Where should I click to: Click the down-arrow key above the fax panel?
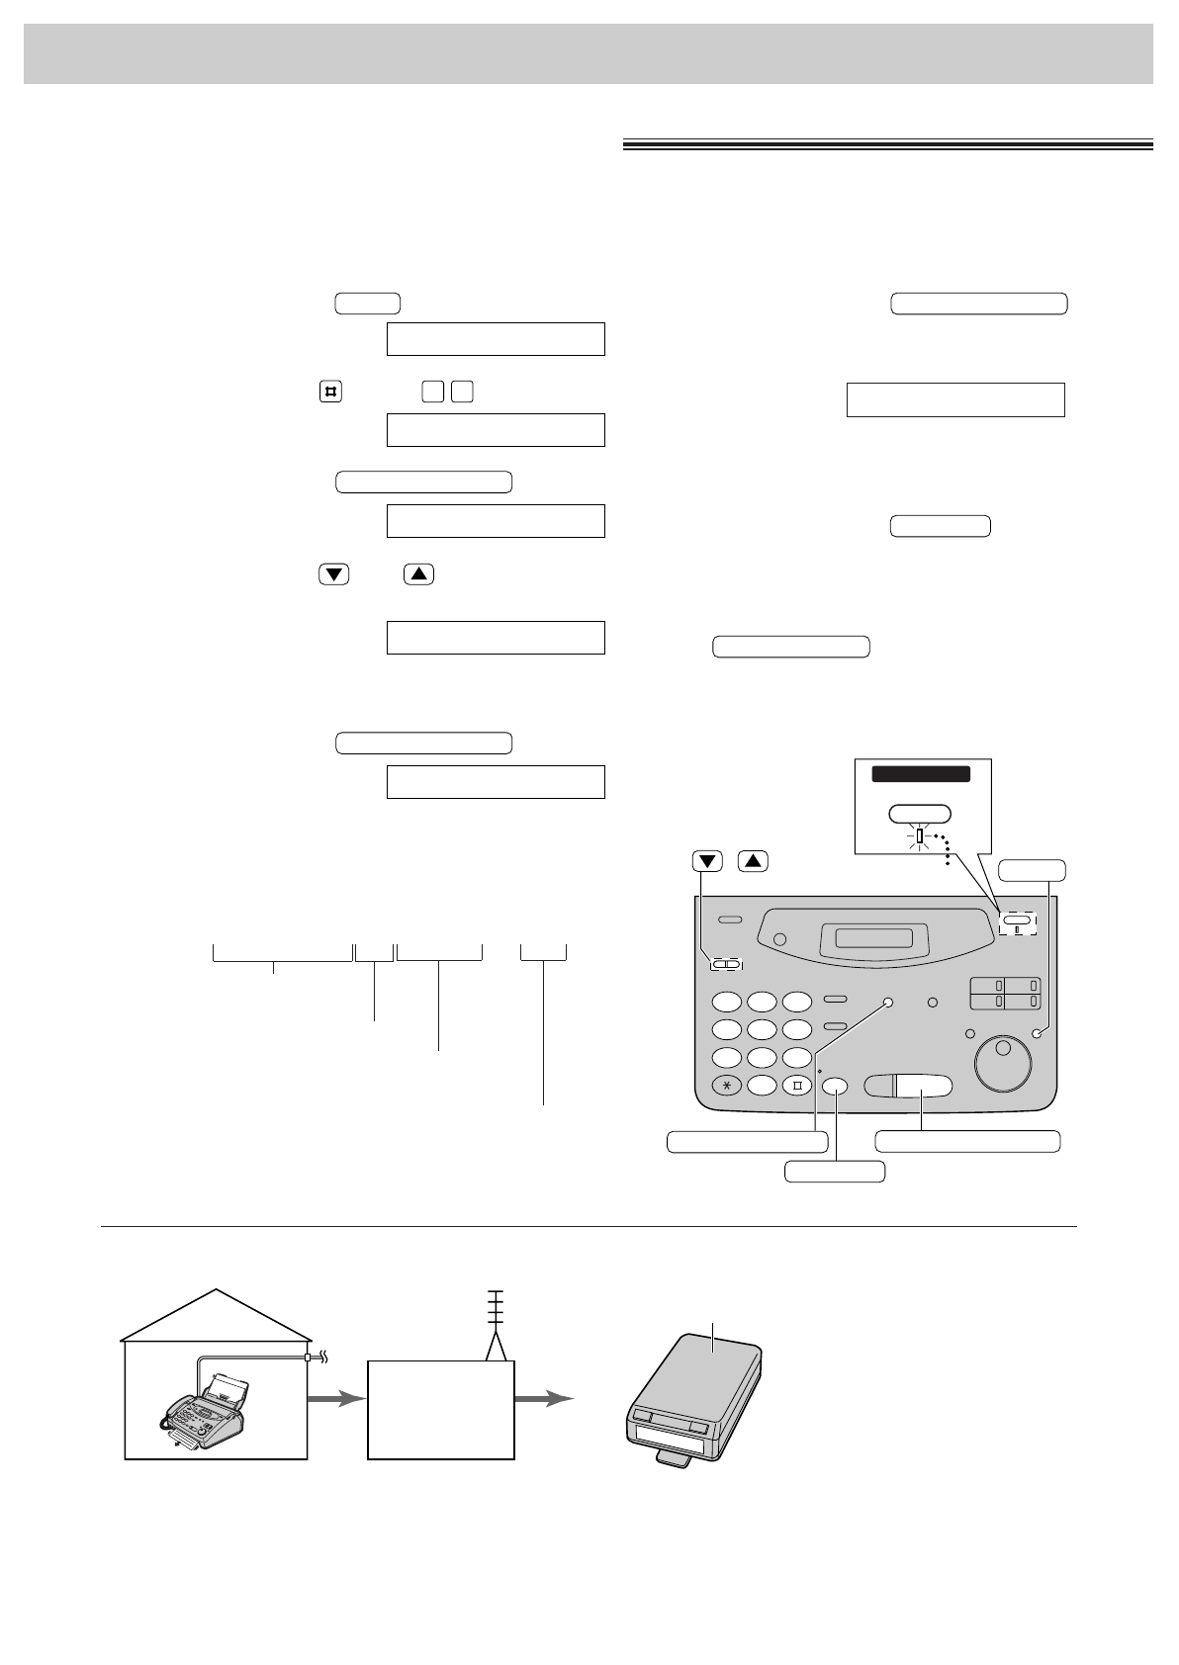click(708, 860)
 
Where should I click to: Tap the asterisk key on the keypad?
click(727, 1084)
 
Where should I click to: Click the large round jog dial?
click(1002, 1062)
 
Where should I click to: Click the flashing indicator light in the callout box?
click(920, 836)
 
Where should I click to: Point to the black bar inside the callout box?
click(920, 774)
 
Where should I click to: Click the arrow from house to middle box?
click(336, 1399)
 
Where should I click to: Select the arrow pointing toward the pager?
click(544, 1399)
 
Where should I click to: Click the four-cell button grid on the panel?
click(1004, 993)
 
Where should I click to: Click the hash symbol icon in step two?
click(330, 392)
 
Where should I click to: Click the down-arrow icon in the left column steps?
click(334, 574)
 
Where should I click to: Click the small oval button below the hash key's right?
click(835, 1085)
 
